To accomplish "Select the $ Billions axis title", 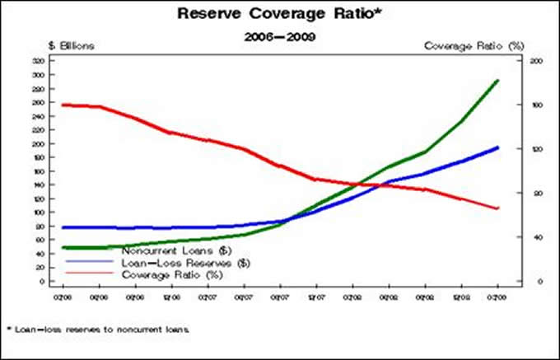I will pos(72,46).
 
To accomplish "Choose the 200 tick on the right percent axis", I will pos(514,61).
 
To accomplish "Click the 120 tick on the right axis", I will pos(514,149).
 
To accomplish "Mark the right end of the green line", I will pos(497,81).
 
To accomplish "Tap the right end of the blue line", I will pos(497,147).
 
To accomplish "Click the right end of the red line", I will pos(497,208).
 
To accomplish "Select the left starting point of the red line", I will pos(63,105).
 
